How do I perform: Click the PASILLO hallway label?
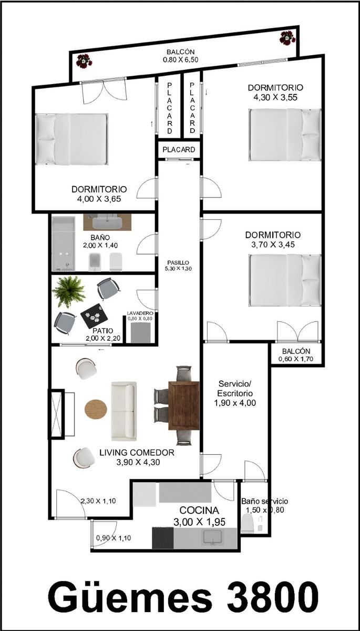(178, 262)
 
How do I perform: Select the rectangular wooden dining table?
(184, 405)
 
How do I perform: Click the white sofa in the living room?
(124, 411)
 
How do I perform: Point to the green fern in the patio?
(68, 291)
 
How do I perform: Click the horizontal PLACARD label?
(179, 149)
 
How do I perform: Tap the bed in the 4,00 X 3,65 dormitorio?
(72, 139)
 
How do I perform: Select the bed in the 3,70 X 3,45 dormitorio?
(285, 280)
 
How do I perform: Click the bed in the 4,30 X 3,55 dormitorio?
(285, 135)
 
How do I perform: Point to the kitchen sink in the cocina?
(213, 537)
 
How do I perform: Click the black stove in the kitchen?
(163, 538)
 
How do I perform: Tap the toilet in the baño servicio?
(248, 523)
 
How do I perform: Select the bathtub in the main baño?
(64, 243)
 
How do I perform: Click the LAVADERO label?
(140, 313)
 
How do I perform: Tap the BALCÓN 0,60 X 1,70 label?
(296, 355)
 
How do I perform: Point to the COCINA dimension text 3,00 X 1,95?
(199, 522)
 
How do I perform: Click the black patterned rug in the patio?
(94, 316)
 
